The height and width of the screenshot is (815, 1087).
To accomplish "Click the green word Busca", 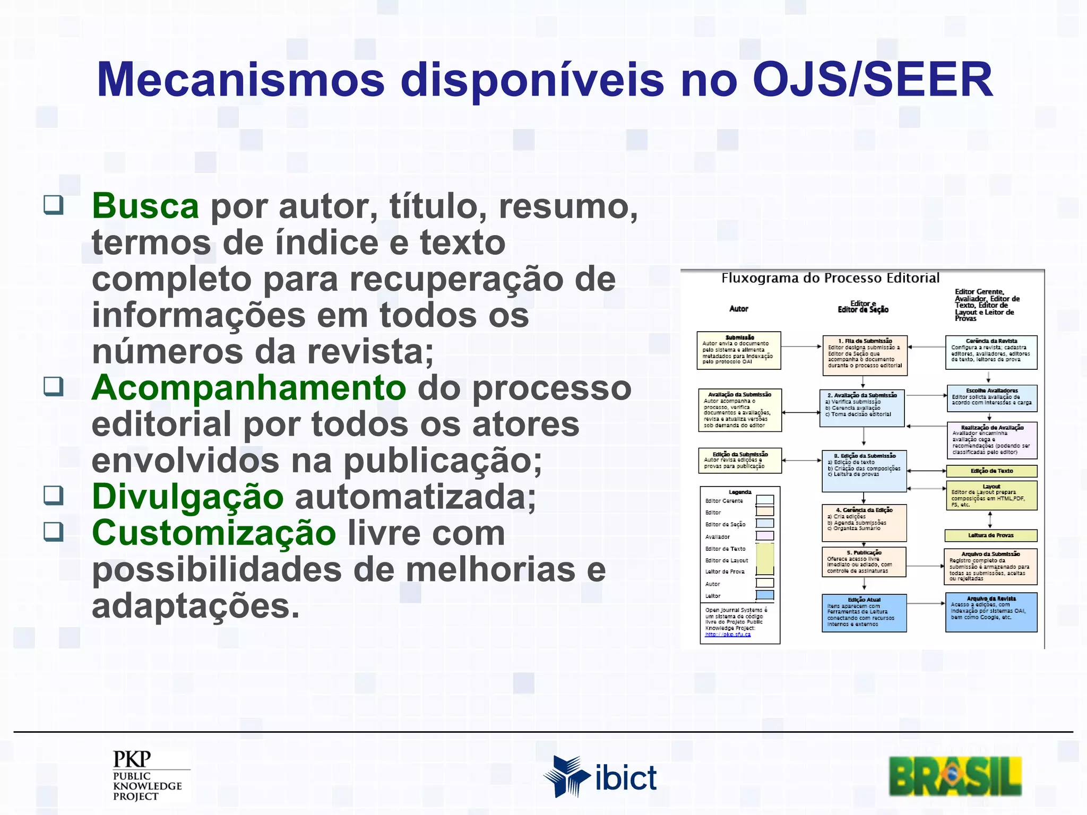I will (x=145, y=206).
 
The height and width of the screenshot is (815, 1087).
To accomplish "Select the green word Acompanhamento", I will (x=248, y=388).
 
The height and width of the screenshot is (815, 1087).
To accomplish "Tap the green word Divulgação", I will (x=187, y=497).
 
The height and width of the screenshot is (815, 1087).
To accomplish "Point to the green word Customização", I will (x=213, y=533).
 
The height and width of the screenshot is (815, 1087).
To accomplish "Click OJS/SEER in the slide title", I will (x=872, y=80).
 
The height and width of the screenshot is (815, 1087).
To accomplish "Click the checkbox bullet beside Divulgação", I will (x=54, y=495).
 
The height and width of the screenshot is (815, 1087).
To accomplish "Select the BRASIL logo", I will (x=955, y=776).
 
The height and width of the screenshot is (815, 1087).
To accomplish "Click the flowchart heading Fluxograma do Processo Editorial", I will (x=830, y=278).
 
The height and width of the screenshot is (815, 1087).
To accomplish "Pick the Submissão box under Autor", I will (x=738, y=350).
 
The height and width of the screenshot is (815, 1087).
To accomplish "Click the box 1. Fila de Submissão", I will (x=865, y=355).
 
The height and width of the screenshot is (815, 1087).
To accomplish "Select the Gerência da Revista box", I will (x=991, y=352).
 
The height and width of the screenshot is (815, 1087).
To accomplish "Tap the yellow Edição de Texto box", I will (x=991, y=471).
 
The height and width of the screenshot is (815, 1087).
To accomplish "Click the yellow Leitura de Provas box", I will (x=990, y=535).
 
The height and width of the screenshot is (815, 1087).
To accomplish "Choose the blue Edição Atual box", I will (x=864, y=613).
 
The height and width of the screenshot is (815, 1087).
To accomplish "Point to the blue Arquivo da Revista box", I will (x=991, y=612).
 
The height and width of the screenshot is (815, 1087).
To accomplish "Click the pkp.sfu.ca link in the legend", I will (x=728, y=635).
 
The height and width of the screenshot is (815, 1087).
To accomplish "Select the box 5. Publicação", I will (x=864, y=562).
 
